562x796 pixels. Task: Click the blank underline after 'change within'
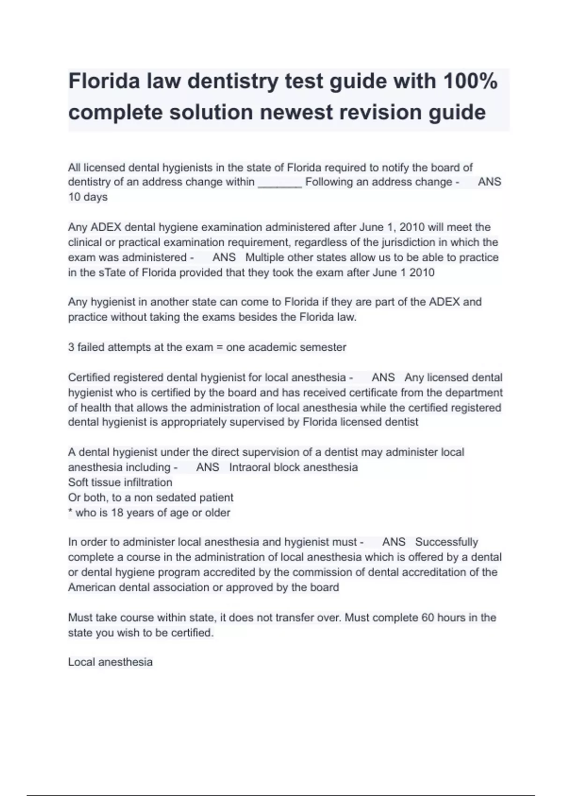click(x=280, y=183)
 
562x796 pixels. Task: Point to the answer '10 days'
click(x=88, y=197)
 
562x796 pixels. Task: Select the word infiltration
click(x=147, y=482)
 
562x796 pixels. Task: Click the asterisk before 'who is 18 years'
click(x=70, y=512)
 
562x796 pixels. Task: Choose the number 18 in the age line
click(x=117, y=513)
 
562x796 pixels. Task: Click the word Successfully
click(x=446, y=542)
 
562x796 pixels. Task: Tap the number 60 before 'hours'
click(x=428, y=618)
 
